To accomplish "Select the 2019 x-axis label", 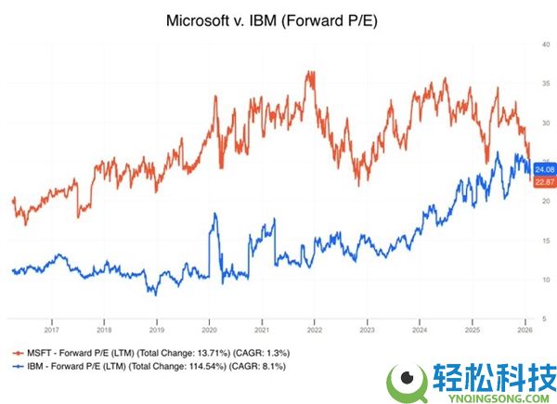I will pyautogui.click(x=157, y=328).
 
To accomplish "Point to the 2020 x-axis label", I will pyautogui.click(x=210, y=328).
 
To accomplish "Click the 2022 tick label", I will pyautogui.click(x=315, y=328).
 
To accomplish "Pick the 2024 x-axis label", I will pyautogui.click(x=420, y=328).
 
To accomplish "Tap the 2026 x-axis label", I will pyautogui.click(x=525, y=328).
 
